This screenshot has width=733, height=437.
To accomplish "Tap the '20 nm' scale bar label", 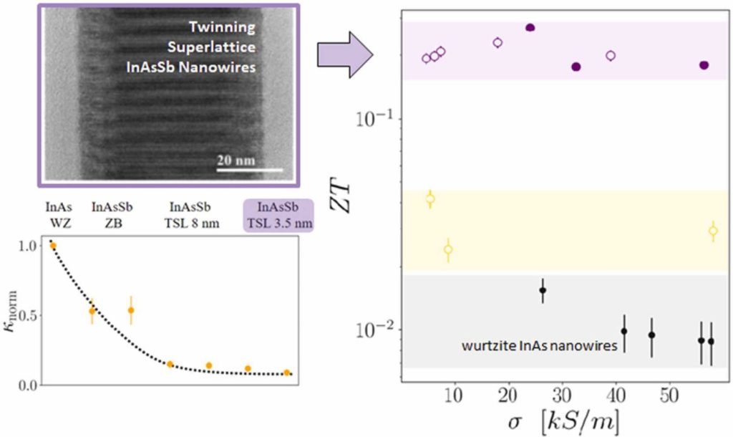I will click(x=236, y=159).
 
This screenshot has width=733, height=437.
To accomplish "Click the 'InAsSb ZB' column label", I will click(x=110, y=213).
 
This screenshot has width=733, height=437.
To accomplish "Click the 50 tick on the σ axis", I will click(x=670, y=396).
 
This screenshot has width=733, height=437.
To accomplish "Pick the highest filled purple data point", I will click(x=530, y=28).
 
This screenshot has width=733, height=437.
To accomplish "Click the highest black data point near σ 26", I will click(x=543, y=290).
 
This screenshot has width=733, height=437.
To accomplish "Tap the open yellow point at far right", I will click(x=713, y=231).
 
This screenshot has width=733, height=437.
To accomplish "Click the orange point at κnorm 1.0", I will click(x=52, y=246).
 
